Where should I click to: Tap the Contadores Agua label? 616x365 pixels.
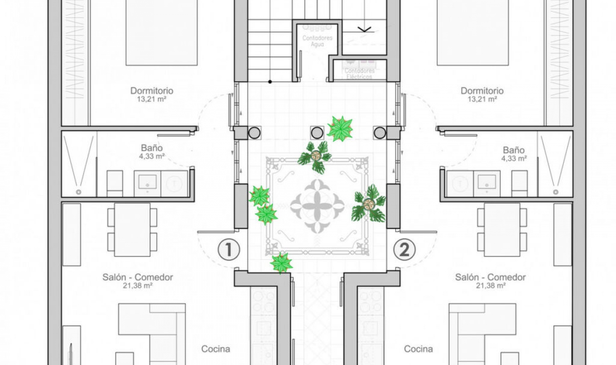(317, 41)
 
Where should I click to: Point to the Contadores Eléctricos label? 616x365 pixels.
(360, 74)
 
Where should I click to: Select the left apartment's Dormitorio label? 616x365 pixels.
(152, 91)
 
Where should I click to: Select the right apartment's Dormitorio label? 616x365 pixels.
(482, 91)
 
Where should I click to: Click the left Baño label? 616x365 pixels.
(152, 148)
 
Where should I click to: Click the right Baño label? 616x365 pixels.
(514, 150)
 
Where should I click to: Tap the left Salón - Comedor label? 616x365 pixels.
(138, 277)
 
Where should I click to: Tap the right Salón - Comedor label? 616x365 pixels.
(490, 277)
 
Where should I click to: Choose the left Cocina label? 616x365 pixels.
(216, 349)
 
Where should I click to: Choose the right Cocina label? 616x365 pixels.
(418, 349)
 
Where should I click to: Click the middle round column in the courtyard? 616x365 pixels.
(317, 133)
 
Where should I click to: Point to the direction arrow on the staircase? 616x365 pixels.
(364, 29)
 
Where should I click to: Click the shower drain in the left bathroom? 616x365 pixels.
(78, 192)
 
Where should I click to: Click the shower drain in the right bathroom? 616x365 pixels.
(556, 192)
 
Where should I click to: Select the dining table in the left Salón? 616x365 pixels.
(132, 229)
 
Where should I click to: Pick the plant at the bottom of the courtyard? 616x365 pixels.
(281, 263)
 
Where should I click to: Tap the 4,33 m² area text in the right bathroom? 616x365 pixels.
(514, 158)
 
